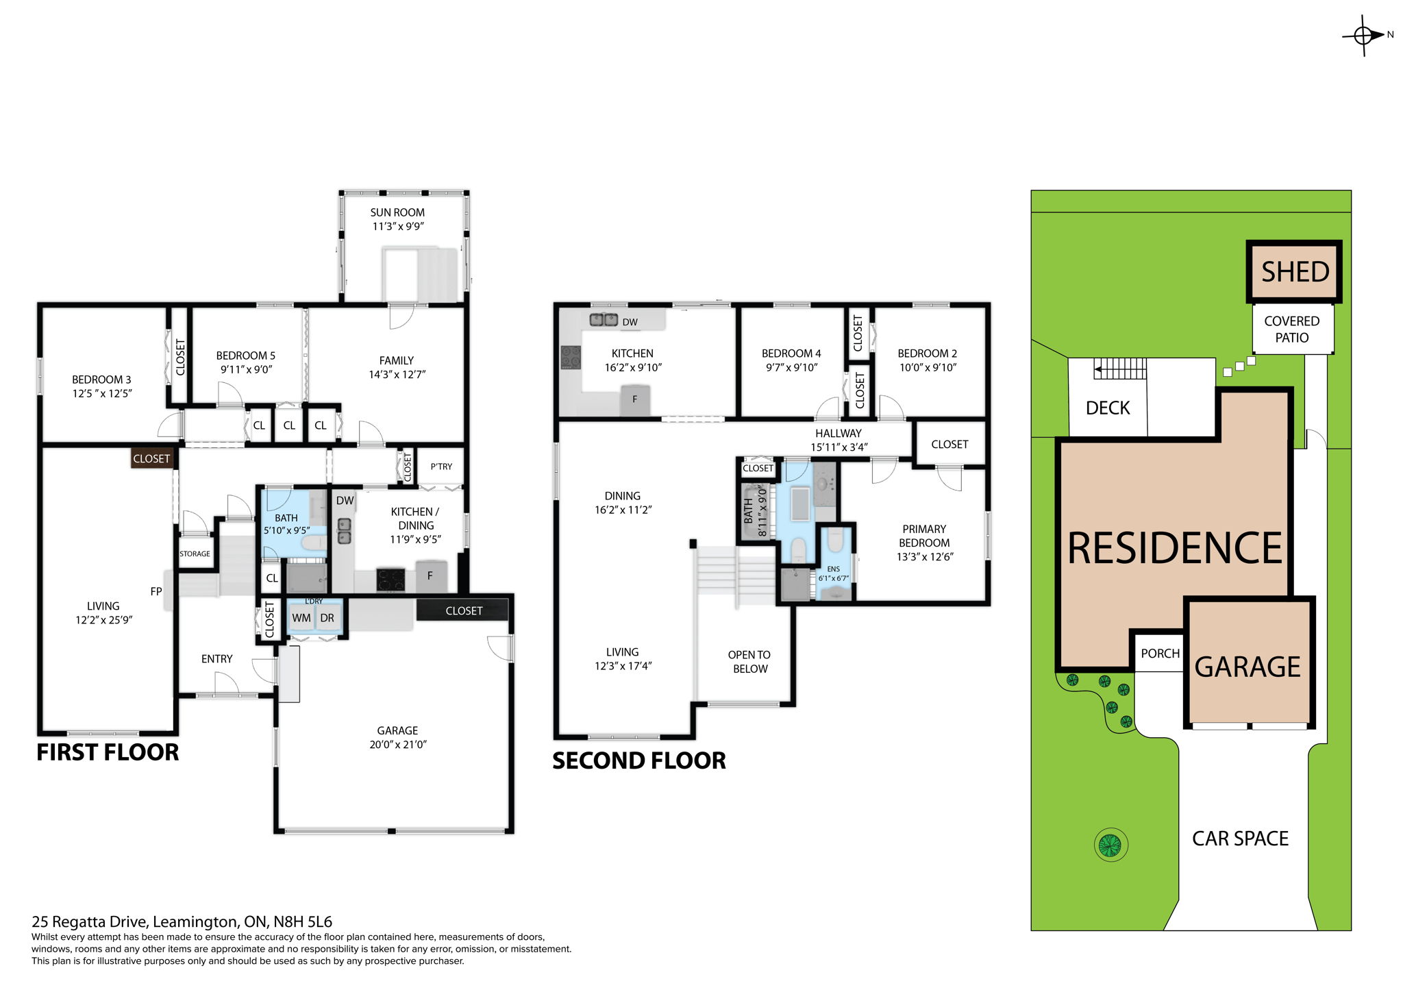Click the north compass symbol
pos(1364,35)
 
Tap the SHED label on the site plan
pos(1295,272)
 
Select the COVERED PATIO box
pos(1292,330)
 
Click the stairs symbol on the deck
pos(1120,369)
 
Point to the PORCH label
pos(1160,654)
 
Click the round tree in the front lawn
pos(1110,845)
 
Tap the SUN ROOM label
pos(397,212)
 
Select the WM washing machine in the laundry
pos(301,618)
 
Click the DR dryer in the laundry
pos(327,618)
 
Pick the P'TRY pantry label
pos(441,467)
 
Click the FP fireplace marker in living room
pos(156,591)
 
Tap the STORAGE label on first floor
pos(195,554)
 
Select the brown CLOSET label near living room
pos(151,458)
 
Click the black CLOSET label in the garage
pos(464,610)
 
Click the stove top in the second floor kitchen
pos(571,357)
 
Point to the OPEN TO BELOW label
pos(749,662)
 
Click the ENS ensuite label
pos(833,569)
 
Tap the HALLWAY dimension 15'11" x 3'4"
pos(839,447)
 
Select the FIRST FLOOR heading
pos(108,752)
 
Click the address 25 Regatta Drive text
pos(182,921)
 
